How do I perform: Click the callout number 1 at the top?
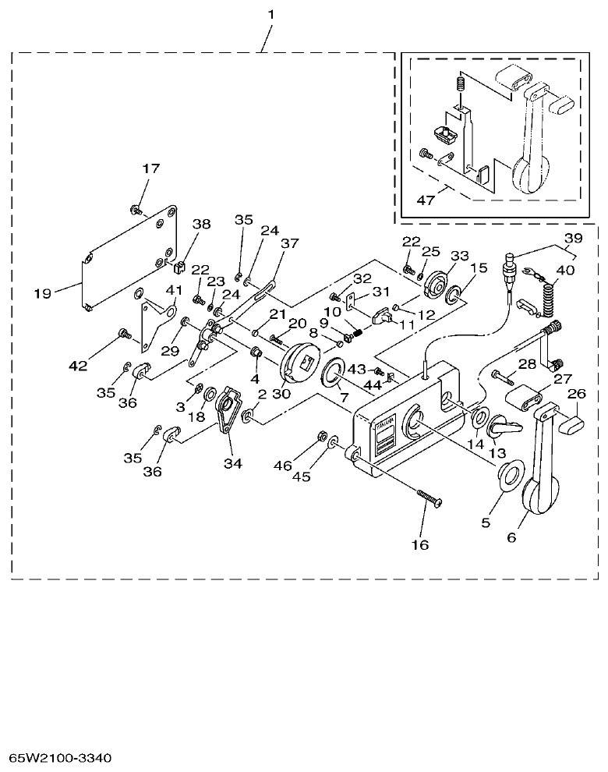point(270,15)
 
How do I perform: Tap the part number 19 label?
point(43,293)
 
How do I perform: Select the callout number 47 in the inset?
point(426,200)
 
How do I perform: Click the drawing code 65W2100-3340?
point(60,757)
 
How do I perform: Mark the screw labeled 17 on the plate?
point(136,209)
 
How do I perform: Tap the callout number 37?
point(289,243)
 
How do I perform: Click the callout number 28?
point(527,365)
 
